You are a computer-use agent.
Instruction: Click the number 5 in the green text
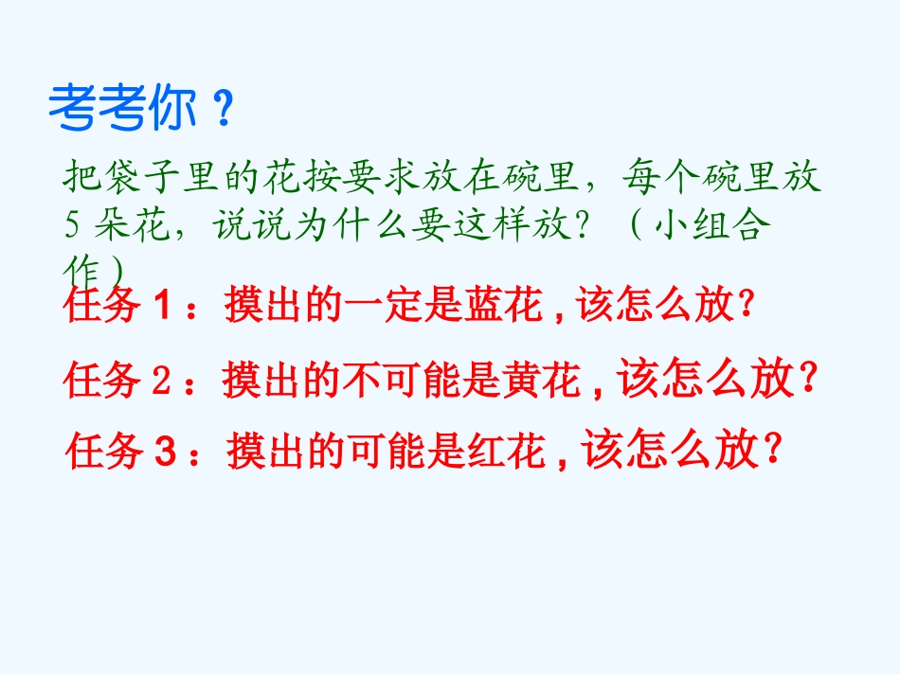(73, 226)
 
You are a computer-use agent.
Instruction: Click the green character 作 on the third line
(80, 267)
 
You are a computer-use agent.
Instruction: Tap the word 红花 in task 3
(508, 452)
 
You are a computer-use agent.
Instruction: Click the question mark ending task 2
(808, 381)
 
